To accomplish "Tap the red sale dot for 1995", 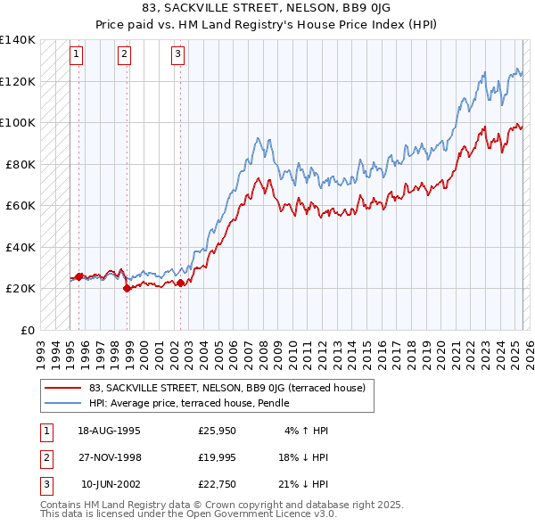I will point(78,276).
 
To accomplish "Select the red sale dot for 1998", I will point(127,288).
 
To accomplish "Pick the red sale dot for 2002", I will point(180,283).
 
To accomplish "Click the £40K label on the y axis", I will point(21,247).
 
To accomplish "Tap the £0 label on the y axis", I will point(27,330).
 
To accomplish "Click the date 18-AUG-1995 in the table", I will point(109,431).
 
